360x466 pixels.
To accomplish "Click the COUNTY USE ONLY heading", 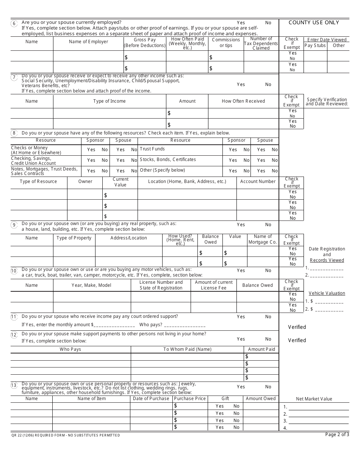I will point(314,22).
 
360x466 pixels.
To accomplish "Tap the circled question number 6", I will point(14,23).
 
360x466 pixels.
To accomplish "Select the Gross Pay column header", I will point(145,42).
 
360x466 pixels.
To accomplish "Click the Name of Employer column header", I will point(88,42).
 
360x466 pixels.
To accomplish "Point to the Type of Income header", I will point(110,101).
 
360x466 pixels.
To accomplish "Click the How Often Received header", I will point(243,101).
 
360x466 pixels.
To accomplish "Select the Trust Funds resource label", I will point(152,149).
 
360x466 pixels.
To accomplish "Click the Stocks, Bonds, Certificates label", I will point(168,160).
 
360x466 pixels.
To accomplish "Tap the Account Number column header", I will point(258,181).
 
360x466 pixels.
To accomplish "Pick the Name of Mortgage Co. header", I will point(263,239).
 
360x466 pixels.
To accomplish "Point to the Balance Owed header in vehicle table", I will point(257,285).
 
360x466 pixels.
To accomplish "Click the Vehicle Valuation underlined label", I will point(327,293).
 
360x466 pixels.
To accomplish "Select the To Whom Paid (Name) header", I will point(187,349).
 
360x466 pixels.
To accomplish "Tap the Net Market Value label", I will point(314,399).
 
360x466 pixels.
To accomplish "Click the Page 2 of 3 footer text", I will point(337,435).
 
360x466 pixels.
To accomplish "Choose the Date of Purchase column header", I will point(151,399).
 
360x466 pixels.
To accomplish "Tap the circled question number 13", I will point(14,386).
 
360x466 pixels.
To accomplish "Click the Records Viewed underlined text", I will point(327,260).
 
